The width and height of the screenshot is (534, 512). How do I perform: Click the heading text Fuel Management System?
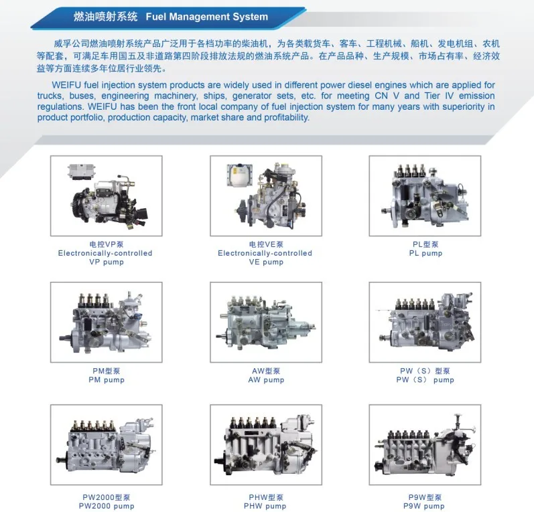tap(207, 17)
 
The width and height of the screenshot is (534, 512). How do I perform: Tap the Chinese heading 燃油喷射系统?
tap(106, 17)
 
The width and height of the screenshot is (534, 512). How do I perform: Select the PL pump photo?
tap(425, 195)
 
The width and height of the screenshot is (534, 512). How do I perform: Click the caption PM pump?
tap(107, 379)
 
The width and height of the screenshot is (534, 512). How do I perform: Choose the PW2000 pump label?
tap(107, 506)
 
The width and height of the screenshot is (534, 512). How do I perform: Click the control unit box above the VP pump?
tap(82, 171)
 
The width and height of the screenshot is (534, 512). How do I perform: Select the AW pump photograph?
tap(266, 322)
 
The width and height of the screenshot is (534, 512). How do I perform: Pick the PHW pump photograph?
tap(266, 444)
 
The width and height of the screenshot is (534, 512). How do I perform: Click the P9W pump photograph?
tap(425, 444)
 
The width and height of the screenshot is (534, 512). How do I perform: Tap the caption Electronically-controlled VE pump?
tap(265, 258)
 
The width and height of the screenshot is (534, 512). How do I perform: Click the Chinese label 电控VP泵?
tap(107, 244)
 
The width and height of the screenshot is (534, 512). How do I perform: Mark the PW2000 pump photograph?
tap(107, 444)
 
